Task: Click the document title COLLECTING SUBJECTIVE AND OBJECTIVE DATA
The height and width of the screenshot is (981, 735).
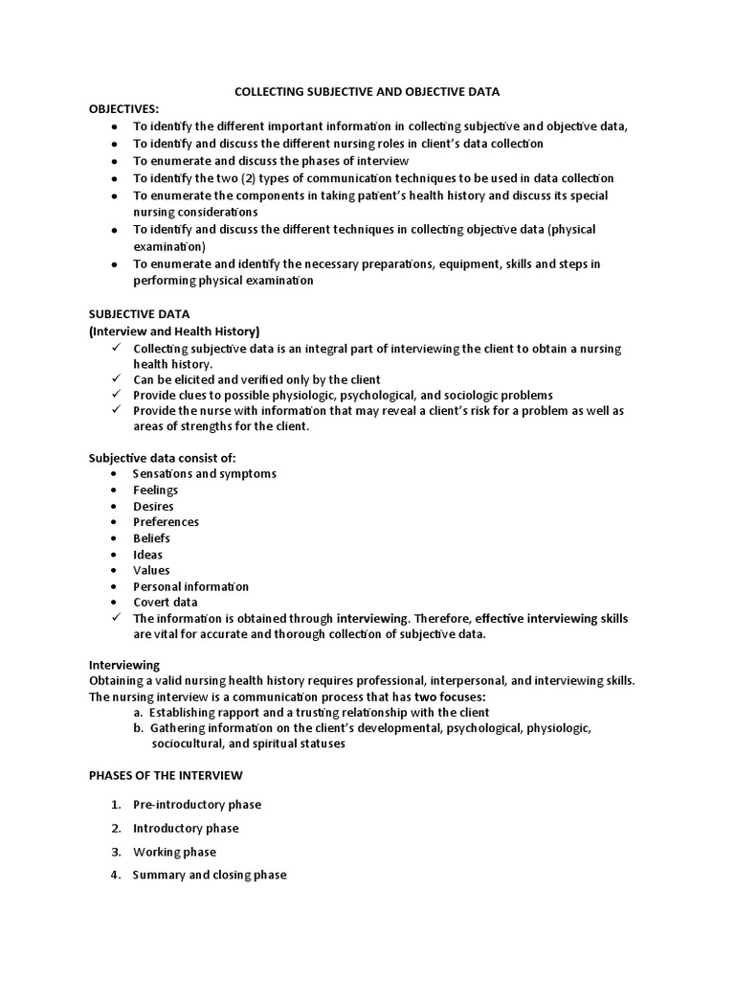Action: coord(368,92)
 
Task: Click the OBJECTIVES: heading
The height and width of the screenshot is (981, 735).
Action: coord(125,109)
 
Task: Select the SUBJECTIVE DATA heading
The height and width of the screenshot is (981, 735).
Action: coord(140,313)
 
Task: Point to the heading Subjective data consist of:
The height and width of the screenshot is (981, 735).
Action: coord(162,458)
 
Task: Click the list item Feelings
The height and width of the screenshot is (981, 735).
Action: coord(155,490)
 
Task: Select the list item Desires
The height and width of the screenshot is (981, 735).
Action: coord(153,506)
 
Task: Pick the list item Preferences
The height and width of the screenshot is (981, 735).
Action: coord(166,522)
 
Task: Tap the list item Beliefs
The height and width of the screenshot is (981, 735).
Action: coord(151,538)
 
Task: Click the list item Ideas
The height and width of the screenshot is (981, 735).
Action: coord(147,555)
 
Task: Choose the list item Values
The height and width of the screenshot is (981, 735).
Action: coord(151,570)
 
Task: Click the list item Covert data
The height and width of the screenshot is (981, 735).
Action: coord(165,603)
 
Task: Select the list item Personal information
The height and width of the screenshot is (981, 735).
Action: coord(190,586)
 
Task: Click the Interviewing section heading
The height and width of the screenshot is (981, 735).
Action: coord(124,664)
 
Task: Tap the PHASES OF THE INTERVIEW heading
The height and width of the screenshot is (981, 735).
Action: coord(166,774)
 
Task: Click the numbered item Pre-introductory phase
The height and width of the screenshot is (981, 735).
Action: coord(196,805)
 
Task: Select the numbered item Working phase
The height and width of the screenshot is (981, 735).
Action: coord(174,852)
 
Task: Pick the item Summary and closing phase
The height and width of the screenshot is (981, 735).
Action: coord(209,875)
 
